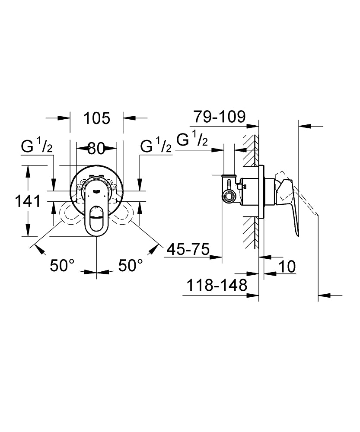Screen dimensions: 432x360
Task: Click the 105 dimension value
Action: (x=97, y=118)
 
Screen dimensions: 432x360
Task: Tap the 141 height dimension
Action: (x=28, y=201)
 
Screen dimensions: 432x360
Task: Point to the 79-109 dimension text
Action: (x=219, y=117)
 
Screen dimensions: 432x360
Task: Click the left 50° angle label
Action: (x=62, y=265)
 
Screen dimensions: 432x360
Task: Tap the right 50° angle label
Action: (x=131, y=265)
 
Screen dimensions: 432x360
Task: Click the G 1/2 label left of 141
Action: (x=37, y=147)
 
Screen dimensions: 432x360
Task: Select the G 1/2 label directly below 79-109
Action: (x=193, y=139)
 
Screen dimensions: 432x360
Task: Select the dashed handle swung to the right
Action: (x=125, y=214)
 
